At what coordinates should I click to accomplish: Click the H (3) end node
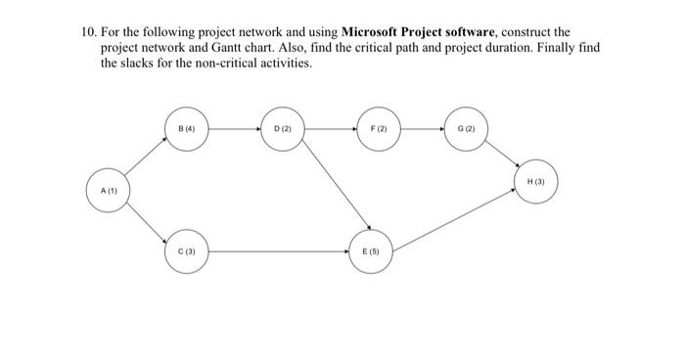pos(536,182)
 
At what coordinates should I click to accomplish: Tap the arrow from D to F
pos(330,128)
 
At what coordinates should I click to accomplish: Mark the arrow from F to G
pos(421,128)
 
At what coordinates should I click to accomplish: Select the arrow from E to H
pos(456,217)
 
